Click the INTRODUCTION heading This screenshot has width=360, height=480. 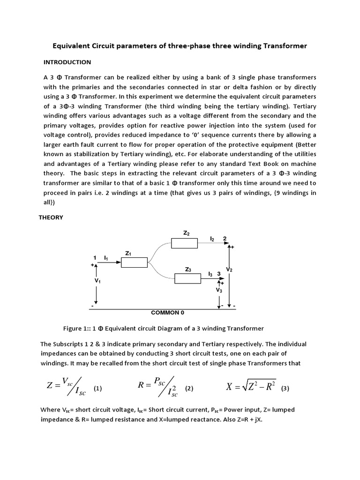point(67,62)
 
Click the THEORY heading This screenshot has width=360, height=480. point(50,217)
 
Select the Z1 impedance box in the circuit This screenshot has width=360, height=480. point(134,263)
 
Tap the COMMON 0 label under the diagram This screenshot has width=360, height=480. point(171,312)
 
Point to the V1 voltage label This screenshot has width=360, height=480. point(97,281)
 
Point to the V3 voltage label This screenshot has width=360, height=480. point(219,291)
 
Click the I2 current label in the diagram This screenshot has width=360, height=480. point(212,239)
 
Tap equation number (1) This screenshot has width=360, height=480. point(98,389)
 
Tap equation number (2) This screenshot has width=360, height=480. point(189,389)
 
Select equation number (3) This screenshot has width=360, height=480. point(285,389)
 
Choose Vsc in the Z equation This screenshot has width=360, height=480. point(66,381)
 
